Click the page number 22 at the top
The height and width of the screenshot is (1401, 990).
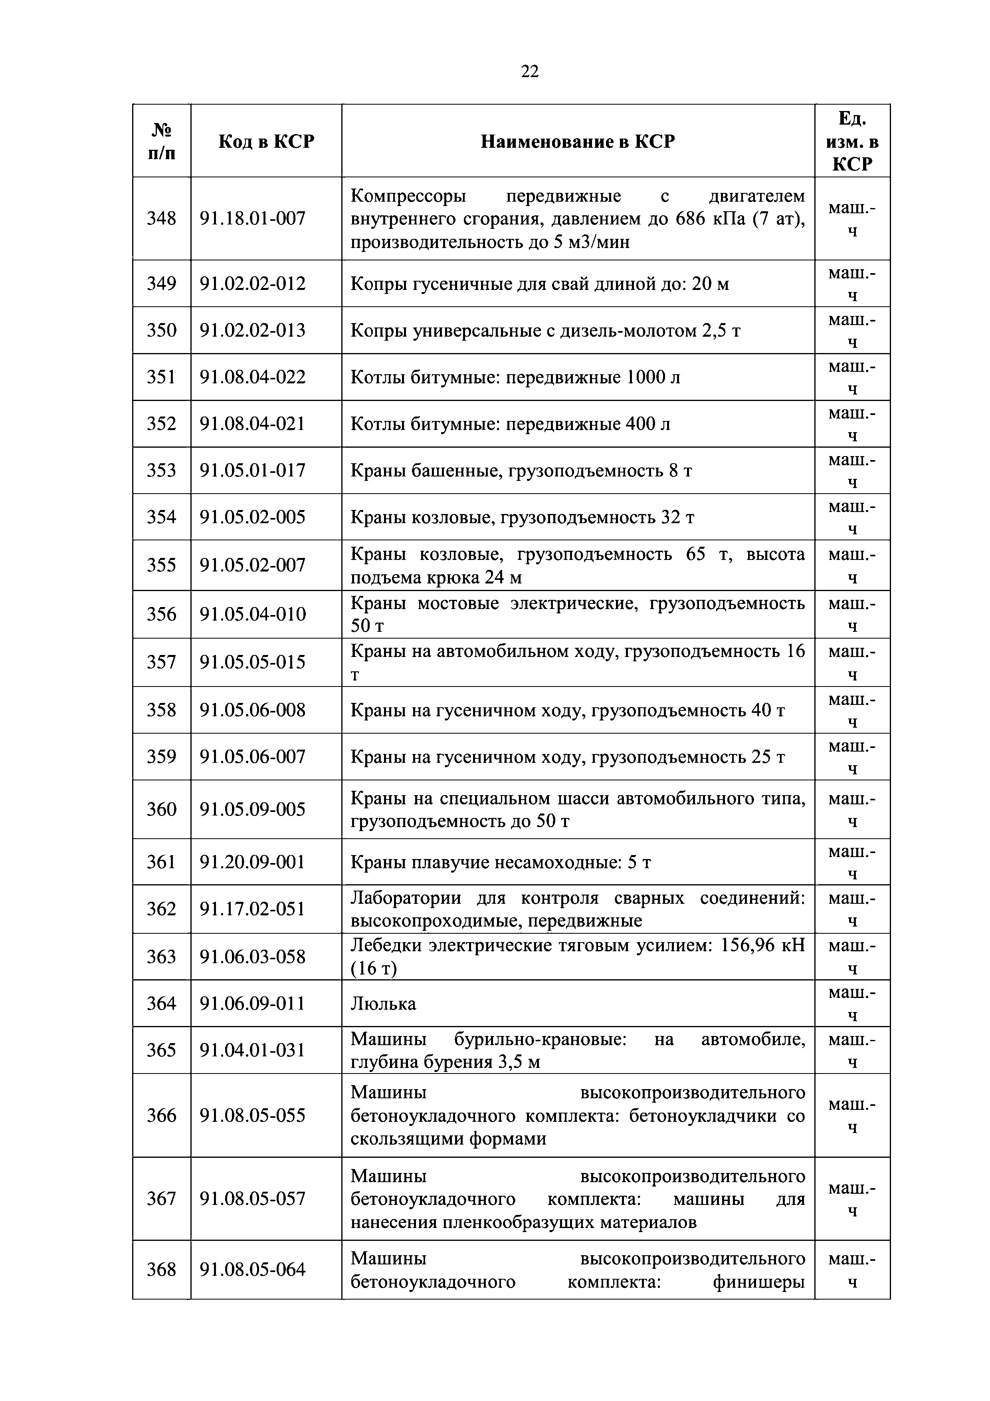pos(529,72)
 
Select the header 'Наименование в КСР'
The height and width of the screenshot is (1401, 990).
pos(578,141)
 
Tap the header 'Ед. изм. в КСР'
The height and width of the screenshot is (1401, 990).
pos(852,141)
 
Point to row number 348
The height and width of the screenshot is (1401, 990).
pos(161,218)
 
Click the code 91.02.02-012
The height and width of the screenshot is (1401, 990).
pos(253,284)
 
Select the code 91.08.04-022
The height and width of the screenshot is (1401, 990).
pos(253,377)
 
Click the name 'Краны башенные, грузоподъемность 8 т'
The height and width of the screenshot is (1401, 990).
pos(521,470)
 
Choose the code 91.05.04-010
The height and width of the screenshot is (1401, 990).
pos(253,614)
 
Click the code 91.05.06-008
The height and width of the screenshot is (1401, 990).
pos(253,710)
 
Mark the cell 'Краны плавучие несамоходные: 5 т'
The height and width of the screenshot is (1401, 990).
pos(500,862)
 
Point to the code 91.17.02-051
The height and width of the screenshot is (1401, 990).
pos(253,909)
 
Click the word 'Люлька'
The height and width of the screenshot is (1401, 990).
pos(383,1004)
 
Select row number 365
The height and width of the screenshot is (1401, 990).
pos(161,1050)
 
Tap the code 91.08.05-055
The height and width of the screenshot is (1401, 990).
pos(253,1115)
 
